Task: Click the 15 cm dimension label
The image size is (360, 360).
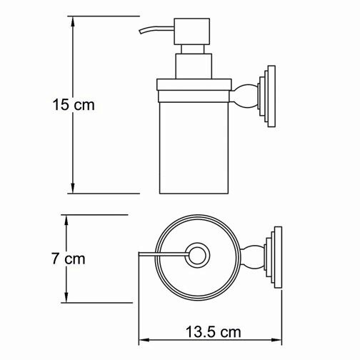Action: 74,104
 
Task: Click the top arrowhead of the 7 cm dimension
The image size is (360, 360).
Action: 66,221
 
